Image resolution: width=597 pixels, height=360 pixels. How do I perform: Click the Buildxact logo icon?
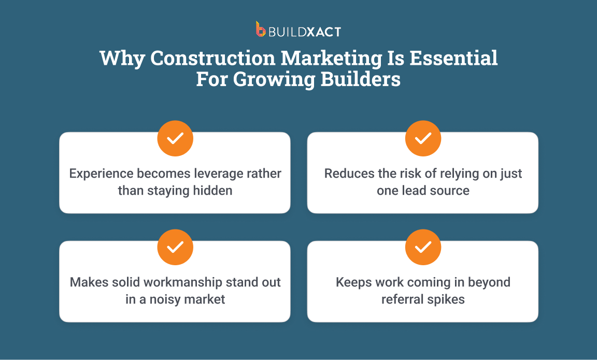pyautogui.click(x=261, y=29)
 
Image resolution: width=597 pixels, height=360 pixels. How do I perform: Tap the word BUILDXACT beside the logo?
pyautogui.click(x=304, y=32)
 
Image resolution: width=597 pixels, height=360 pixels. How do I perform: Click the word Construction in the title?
pyautogui.click(x=212, y=58)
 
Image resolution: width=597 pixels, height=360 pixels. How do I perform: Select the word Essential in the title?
pyautogui.click(x=453, y=58)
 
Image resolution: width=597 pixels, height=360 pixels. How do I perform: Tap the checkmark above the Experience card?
pyautogui.click(x=175, y=138)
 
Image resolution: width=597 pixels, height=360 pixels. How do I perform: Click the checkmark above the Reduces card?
pyautogui.click(x=423, y=138)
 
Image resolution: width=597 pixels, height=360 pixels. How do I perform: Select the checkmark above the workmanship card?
pyautogui.click(x=175, y=247)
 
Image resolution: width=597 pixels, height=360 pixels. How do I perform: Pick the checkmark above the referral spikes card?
pyautogui.click(x=423, y=247)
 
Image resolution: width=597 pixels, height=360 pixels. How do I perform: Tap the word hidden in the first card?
pyautogui.click(x=211, y=191)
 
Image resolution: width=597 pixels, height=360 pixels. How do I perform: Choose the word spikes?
pyautogui.click(x=447, y=300)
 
